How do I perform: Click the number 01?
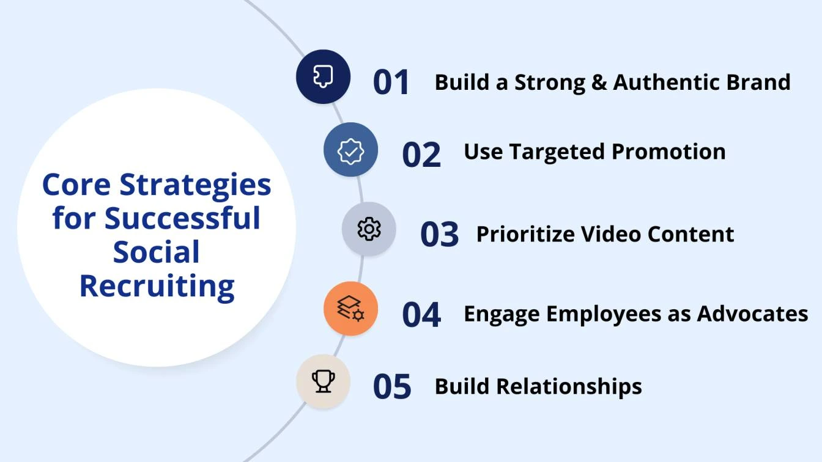(391, 82)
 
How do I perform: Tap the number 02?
(421, 155)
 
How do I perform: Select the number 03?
(439, 235)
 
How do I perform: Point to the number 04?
(421, 315)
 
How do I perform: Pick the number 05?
(392, 387)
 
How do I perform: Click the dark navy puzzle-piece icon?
(323, 76)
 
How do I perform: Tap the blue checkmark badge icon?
(350, 150)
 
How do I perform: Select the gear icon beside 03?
(369, 229)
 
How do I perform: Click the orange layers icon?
(350, 309)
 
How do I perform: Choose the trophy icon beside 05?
(323, 381)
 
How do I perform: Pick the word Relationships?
(569, 386)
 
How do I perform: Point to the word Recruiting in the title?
(157, 285)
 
